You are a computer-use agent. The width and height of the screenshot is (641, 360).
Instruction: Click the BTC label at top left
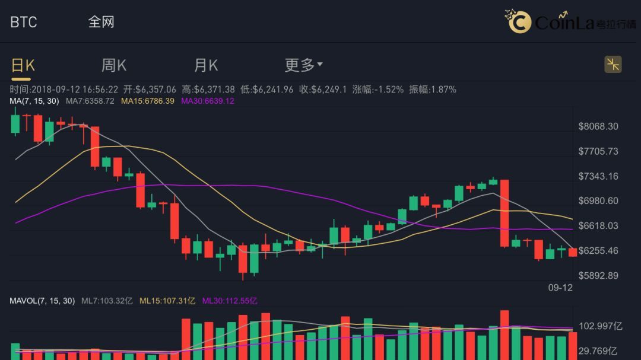(24, 22)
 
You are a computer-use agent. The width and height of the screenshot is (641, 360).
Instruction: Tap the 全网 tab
(101, 22)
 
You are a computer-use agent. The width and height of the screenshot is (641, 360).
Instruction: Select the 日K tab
(23, 65)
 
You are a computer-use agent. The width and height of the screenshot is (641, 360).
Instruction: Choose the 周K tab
(113, 65)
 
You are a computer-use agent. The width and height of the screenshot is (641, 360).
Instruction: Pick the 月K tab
(206, 65)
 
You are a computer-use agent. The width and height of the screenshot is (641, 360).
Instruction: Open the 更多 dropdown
(303, 65)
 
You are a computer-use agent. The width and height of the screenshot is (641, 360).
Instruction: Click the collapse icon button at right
(613, 65)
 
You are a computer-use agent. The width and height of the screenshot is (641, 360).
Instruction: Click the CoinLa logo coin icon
(519, 23)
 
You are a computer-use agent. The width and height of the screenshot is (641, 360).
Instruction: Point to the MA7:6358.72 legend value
(90, 101)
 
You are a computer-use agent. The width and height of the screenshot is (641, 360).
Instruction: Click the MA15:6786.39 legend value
(147, 101)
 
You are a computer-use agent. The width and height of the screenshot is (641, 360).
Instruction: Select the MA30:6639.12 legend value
(207, 101)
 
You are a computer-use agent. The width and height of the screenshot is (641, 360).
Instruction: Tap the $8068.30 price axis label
(598, 126)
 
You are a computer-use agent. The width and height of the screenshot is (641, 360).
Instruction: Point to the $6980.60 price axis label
(598, 201)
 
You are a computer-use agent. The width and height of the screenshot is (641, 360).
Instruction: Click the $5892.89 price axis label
(598, 276)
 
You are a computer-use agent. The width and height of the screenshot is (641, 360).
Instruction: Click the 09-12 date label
(560, 288)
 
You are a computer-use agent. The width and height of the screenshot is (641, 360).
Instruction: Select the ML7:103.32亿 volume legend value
(107, 301)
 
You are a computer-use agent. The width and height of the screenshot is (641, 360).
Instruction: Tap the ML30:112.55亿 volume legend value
(230, 301)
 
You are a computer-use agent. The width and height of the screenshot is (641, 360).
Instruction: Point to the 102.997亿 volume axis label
(601, 326)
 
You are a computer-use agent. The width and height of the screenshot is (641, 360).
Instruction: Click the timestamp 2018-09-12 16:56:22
(75, 90)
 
